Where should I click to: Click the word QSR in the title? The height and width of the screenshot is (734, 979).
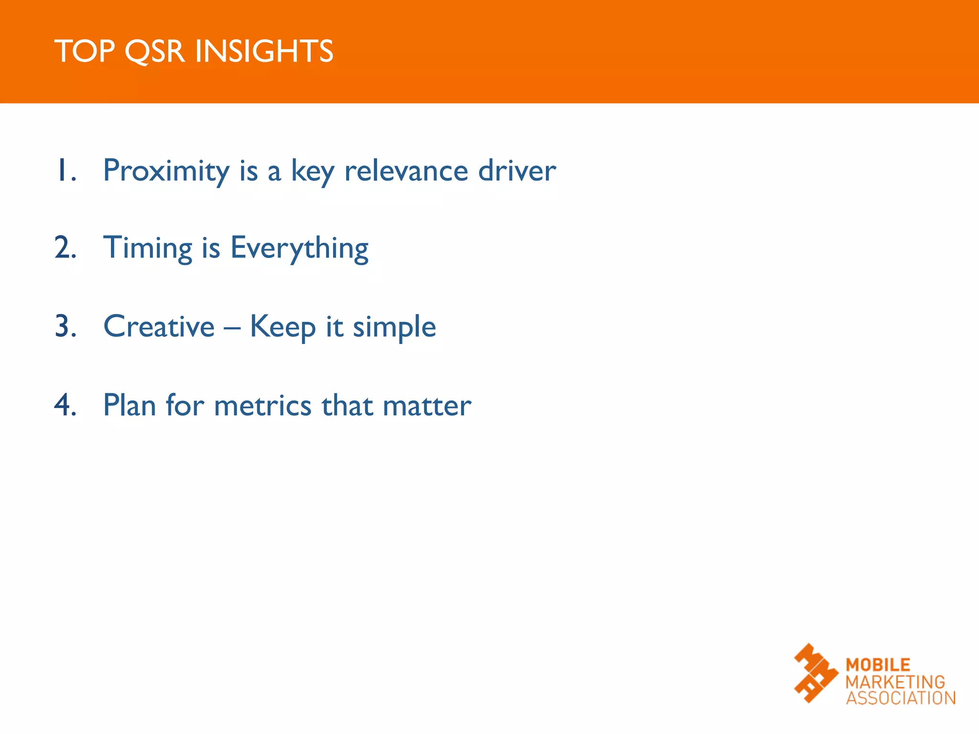tap(154, 52)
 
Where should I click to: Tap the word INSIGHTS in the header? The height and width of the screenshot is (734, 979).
tap(264, 52)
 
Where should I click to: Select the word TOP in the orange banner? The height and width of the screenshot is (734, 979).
tap(85, 52)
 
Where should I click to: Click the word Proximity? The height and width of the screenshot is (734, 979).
tap(166, 171)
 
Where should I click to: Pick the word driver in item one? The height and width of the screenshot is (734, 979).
tap(517, 171)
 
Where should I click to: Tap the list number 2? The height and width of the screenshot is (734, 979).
tap(65, 248)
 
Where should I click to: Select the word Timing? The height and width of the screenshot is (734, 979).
tap(148, 248)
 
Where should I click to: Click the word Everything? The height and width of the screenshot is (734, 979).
tap(299, 248)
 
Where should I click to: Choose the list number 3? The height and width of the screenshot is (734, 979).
tap(65, 327)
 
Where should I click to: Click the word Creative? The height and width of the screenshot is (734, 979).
tap(159, 327)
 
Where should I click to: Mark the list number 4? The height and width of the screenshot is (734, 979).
tap(65, 405)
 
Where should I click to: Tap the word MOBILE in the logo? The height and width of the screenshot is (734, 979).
tap(878, 665)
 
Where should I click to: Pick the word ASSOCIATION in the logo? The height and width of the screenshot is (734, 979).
tap(901, 698)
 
